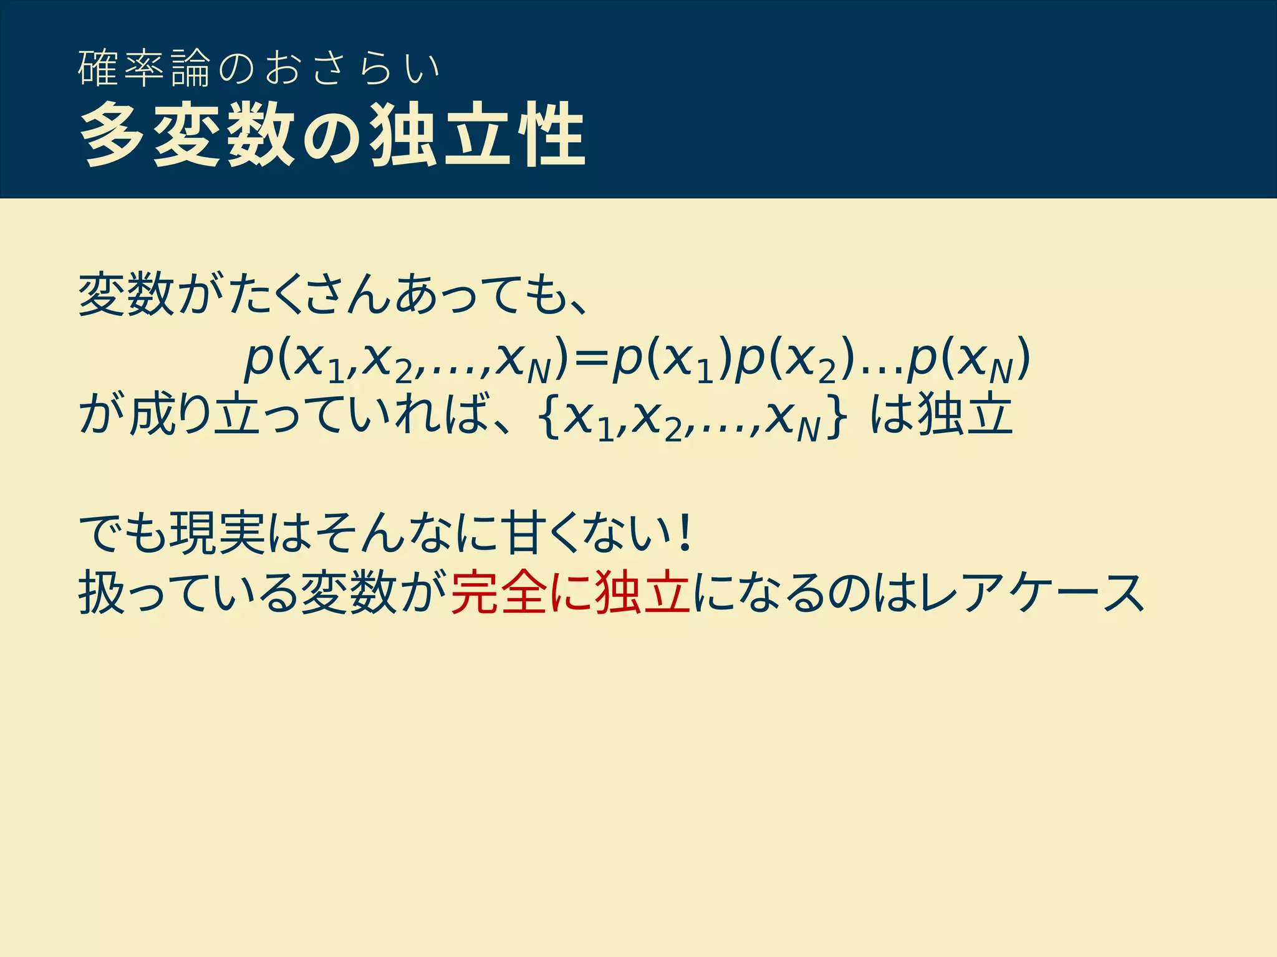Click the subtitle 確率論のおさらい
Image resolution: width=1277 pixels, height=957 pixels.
pos(259,69)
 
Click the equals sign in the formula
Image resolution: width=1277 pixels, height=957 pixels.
pos(590,360)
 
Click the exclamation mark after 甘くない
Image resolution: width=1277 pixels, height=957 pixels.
pos(686,533)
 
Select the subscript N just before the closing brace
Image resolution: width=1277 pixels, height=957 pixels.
pos(808,430)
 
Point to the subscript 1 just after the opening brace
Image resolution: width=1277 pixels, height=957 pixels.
pos(605,430)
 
